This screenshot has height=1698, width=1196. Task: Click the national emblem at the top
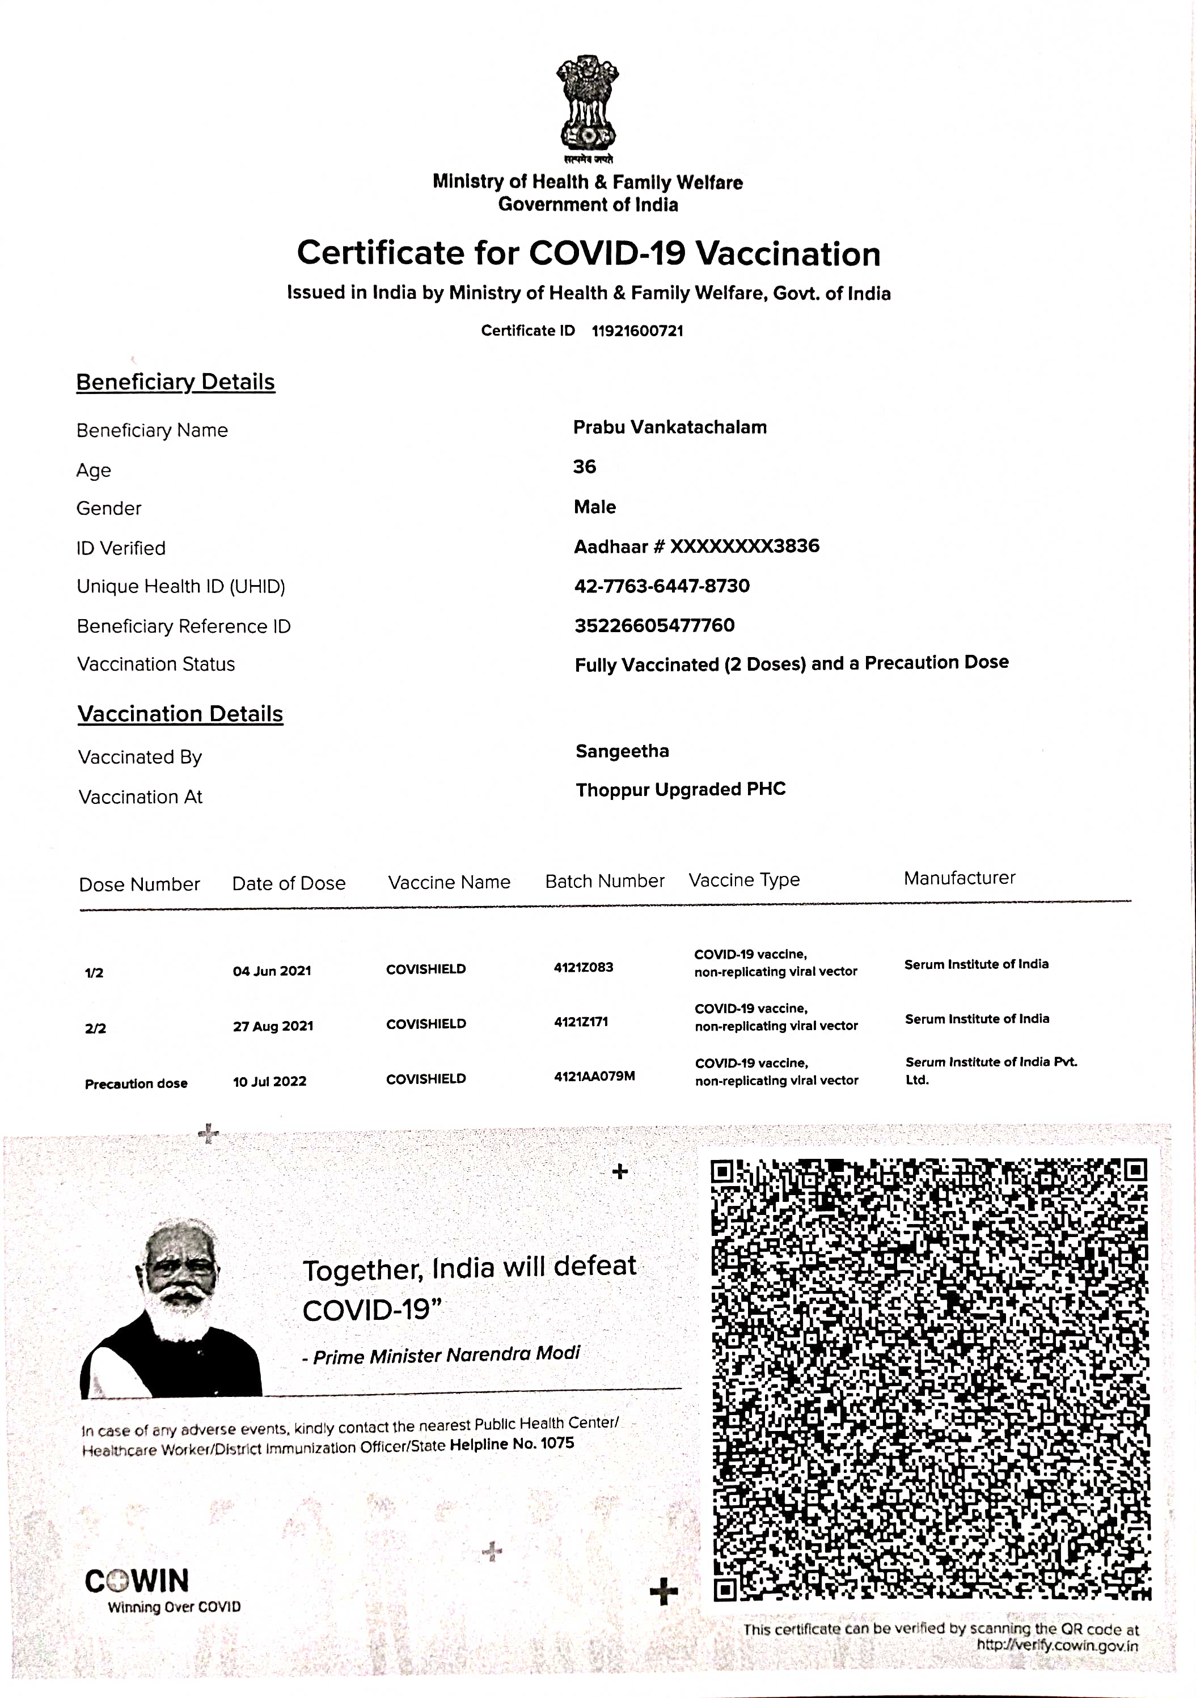[588, 104]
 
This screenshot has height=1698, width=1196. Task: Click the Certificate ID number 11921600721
[637, 331]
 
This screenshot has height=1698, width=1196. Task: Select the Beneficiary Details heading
[175, 382]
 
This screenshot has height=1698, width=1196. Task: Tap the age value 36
[584, 467]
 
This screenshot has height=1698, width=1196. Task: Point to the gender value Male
[595, 507]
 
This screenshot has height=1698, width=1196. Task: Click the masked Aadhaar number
[744, 547]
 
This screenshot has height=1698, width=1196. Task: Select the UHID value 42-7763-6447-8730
[662, 586]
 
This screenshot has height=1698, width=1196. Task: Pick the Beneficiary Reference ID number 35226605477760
[654, 626]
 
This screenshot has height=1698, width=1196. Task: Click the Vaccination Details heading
[180, 714]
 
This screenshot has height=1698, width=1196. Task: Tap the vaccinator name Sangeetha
[622, 751]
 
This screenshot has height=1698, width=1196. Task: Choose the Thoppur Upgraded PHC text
[681, 790]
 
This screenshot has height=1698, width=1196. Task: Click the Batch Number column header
[605, 882]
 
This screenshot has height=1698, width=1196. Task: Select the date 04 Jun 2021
[272, 971]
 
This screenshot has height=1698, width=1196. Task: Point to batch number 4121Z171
[581, 1022]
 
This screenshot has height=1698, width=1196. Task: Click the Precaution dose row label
[136, 1083]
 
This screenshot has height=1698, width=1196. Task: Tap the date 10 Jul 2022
[269, 1081]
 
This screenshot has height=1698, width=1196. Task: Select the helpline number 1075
[557, 1443]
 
